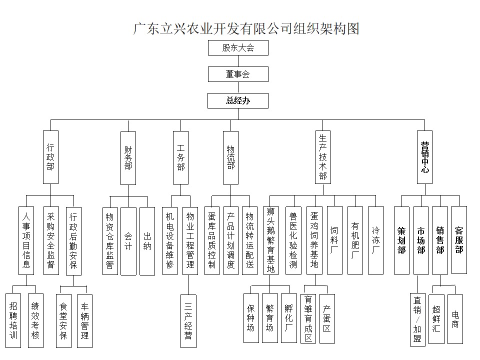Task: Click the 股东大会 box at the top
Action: tap(238, 48)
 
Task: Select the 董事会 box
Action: tap(238, 74)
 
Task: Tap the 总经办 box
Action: tap(238, 100)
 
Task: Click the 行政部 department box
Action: tap(50, 157)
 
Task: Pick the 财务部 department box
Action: tap(128, 158)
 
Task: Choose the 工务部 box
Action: tap(180, 157)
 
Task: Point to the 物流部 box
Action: tap(230, 157)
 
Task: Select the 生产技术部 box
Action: tap(323, 157)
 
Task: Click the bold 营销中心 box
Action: tap(424, 157)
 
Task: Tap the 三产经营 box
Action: tap(188, 321)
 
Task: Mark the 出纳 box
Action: tap(147, 241)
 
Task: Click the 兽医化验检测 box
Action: tap(293, 240)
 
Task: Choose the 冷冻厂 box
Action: tap(375, 240)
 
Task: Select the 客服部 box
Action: tap(459, 239)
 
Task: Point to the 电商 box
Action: tap(455, 319)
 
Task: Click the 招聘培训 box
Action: tap(13, 321)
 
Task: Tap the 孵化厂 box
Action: tap(288, 318)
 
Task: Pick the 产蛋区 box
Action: tap(327, 318)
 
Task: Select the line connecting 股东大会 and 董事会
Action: tap(238, 61)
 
